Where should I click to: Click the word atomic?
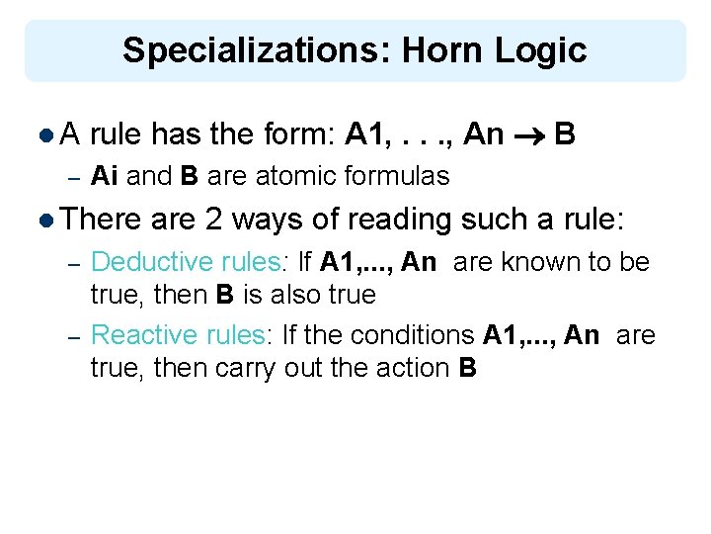pos(292,177)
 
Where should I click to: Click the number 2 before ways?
pos(214,219)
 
